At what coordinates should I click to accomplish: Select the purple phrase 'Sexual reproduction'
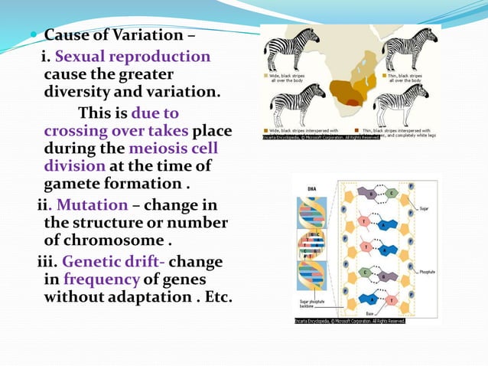pyautogui.click(x=132, y=57)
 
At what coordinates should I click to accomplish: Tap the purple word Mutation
pyautogui.click(x=92, y=204)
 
